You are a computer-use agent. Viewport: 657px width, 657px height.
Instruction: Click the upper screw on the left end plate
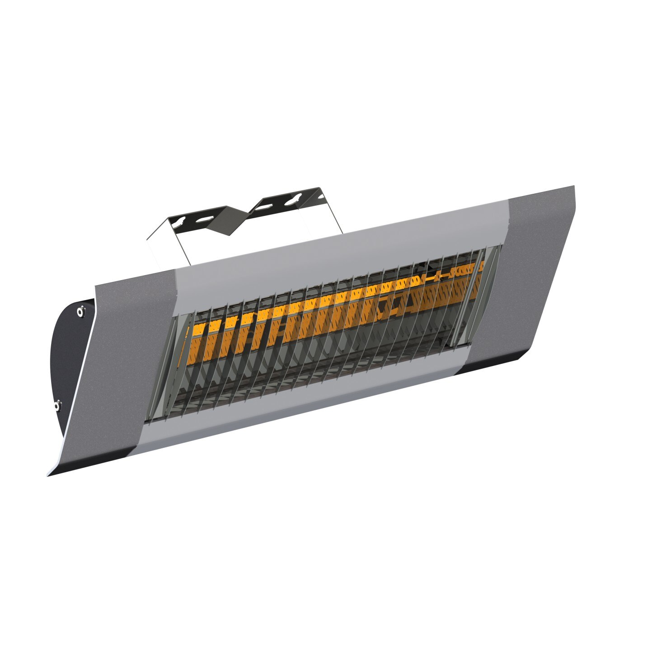tap(80, 310)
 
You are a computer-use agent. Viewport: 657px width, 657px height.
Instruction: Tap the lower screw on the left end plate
tap(56, 405)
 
